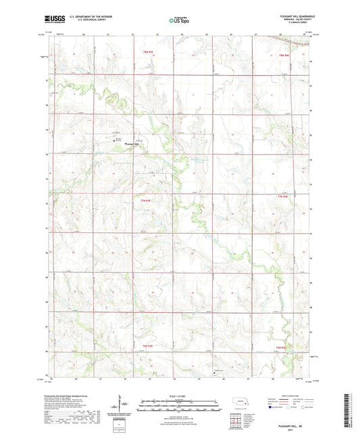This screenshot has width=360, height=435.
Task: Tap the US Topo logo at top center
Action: point(178,21)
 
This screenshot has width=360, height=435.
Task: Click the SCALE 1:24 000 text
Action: point(180,394)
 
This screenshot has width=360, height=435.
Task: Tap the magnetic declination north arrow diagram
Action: point(122,405)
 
